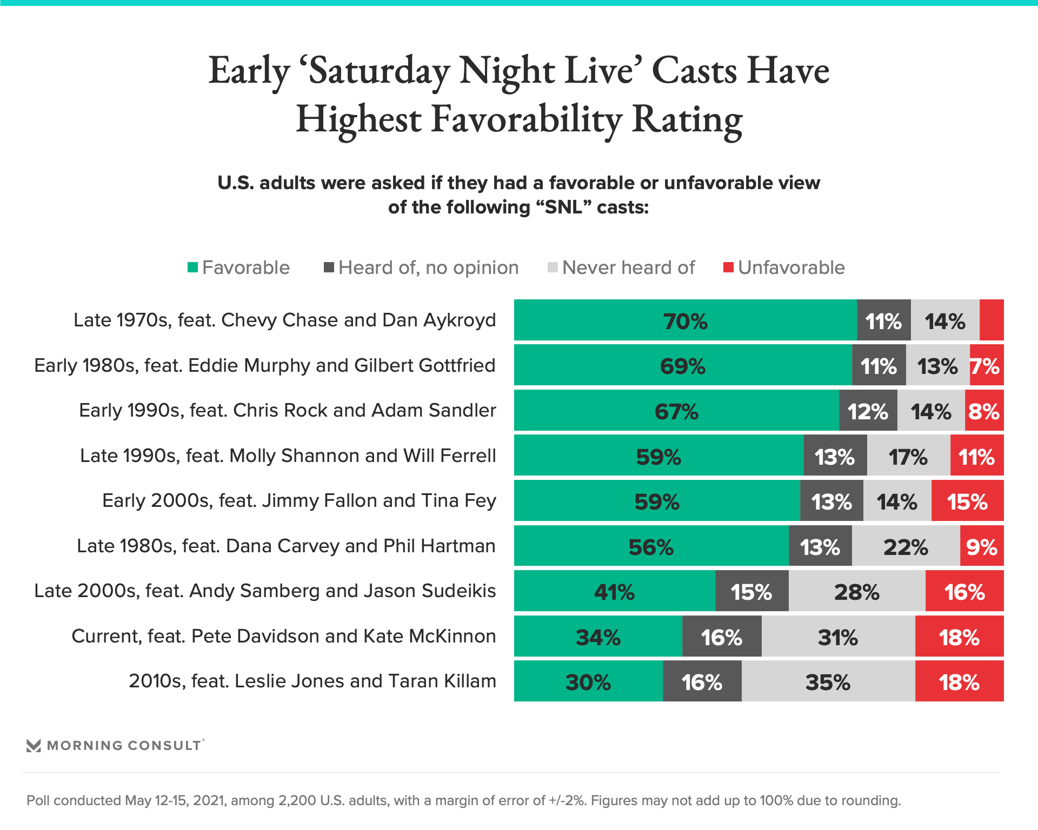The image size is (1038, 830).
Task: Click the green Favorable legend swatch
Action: click(192, 267)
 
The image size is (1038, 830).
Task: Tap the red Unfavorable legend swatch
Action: click(728, 267)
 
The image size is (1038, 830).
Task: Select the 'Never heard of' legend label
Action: click(628, 267)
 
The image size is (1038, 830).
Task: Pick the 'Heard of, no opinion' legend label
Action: click(428, 267)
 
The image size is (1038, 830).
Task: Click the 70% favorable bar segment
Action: click(685, 320)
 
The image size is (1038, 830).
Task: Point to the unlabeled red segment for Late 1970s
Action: click(992, 320)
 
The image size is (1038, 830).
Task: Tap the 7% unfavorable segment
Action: click(986, 366)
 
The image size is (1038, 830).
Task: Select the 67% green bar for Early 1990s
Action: click(676, 411)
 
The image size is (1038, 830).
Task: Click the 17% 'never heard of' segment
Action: click(908, 456)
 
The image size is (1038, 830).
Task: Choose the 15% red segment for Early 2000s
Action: click(967, 501)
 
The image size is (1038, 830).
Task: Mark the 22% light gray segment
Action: click(906, 546)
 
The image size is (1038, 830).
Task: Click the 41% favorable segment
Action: click(614, 591)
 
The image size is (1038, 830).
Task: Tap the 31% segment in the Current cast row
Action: click(838, 637)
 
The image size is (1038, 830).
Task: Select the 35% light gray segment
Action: click(828, 681)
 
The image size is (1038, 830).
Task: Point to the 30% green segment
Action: click(588, 681)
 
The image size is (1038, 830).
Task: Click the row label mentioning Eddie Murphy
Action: click(265, 366)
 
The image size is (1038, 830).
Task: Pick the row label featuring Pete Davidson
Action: click(284, 637)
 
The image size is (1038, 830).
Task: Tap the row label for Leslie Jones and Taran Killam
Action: click(312, 681)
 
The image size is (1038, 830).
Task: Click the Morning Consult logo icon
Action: click(34, 746)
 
